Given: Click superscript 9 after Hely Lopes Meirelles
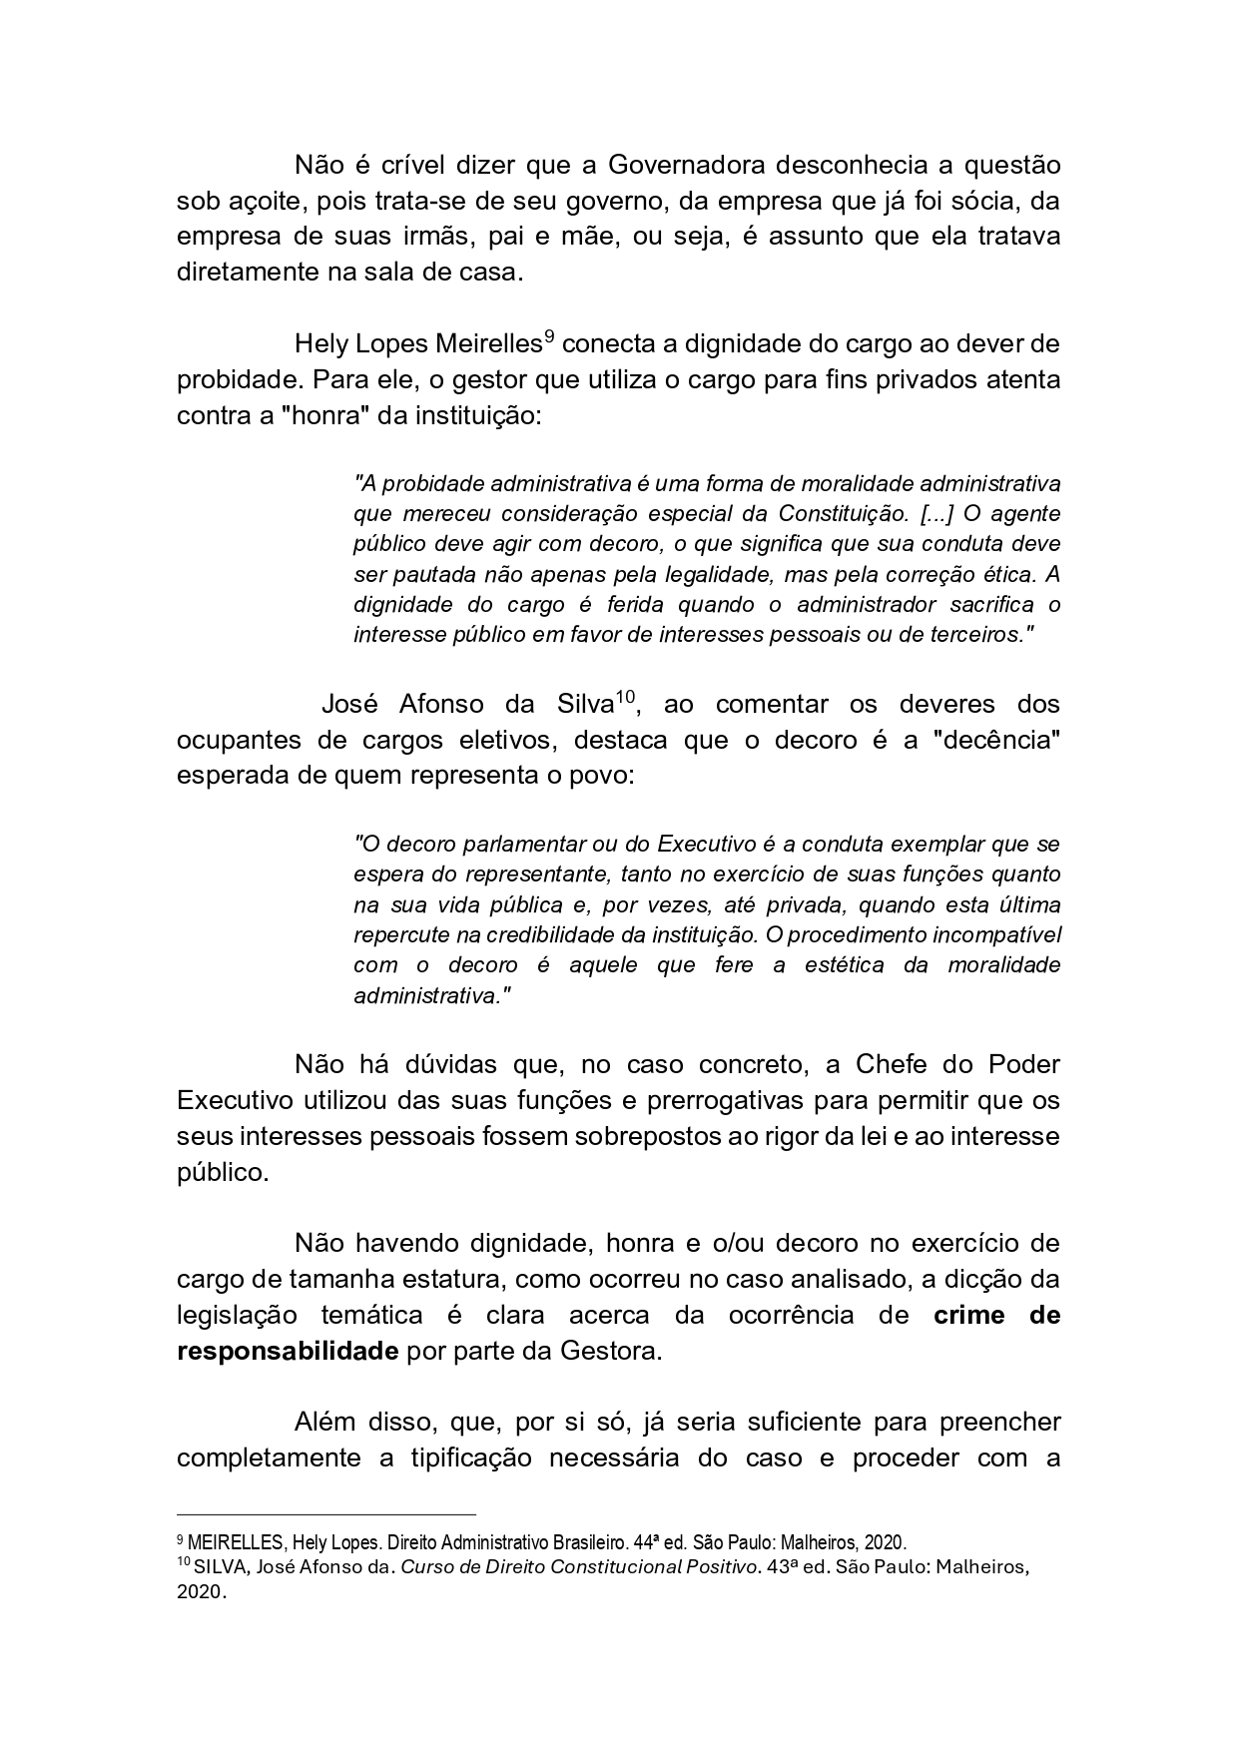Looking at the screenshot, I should tap(548, 336).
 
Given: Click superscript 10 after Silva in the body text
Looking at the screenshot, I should tap(625, 697).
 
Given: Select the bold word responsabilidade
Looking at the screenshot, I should tap(288, 1352).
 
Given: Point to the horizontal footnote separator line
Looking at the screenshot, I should tap(325, 1514).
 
